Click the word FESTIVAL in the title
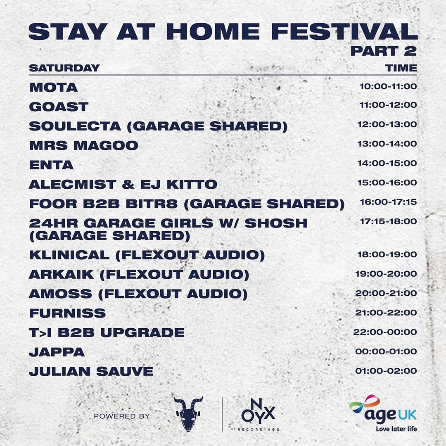tap(344, 31)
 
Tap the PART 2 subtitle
tap(383, 51)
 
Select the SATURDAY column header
tap(64, 68)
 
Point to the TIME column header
tap(401, 68)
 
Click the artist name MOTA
tap(53, 87)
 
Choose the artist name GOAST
tap(59, 107)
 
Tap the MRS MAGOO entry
tap(83, 146)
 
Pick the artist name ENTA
tap(52, 165)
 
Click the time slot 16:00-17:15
tap(388, 202)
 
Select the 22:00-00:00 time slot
tap(385, 332)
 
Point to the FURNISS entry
tap(67, 313)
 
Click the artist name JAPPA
tap(57, 352)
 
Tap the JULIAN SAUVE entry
tap(91, 372)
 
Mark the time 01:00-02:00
tap(386, 371)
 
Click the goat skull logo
tap(188, 413)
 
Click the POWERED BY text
tap(122, 416)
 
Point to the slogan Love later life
tap(396, 428)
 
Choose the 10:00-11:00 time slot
tap(388, 86)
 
